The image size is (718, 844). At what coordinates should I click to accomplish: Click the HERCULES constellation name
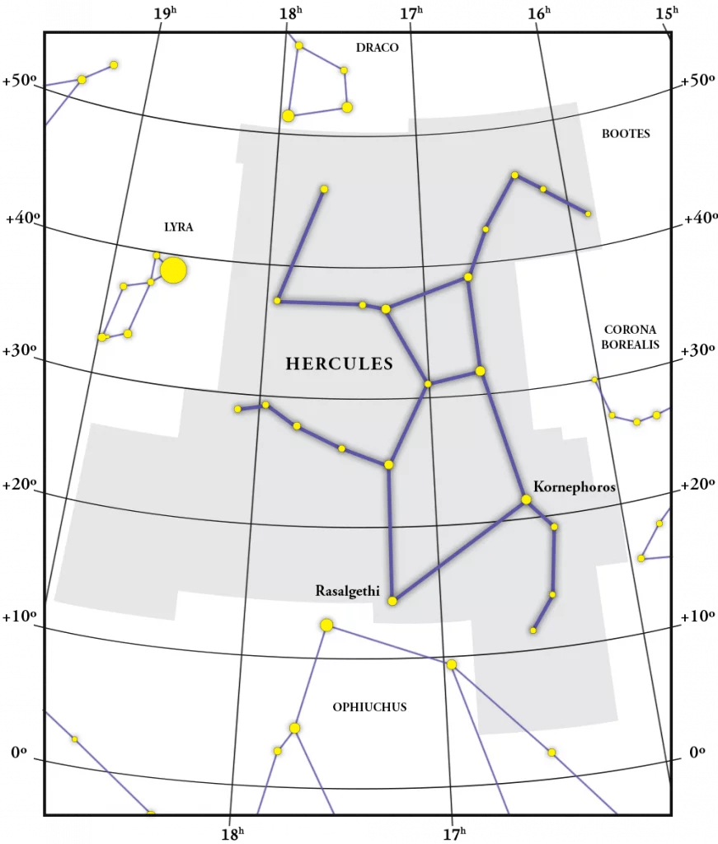coord(339,363)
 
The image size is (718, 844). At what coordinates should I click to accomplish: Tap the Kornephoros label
coord(575,486)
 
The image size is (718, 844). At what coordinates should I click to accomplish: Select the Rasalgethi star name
coord(347,590)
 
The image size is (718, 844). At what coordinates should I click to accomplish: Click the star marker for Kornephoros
coord(526,499)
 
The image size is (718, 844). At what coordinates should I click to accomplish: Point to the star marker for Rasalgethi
coord(392,601)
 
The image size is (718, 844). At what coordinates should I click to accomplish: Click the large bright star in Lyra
coord(173,270)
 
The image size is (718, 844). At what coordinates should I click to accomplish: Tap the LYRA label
coord(179,227)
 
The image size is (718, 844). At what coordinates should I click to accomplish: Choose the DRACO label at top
coord(377,48)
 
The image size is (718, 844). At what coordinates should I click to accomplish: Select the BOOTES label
coord(626,134)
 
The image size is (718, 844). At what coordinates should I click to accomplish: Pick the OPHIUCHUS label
coord(369,706)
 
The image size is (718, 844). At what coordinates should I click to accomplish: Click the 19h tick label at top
coord(165,13)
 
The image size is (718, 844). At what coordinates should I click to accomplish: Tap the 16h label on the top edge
coord(537,13)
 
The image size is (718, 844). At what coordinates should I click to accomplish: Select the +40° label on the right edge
coord(698,218)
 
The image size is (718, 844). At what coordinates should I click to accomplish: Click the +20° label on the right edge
coord(698,483)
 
